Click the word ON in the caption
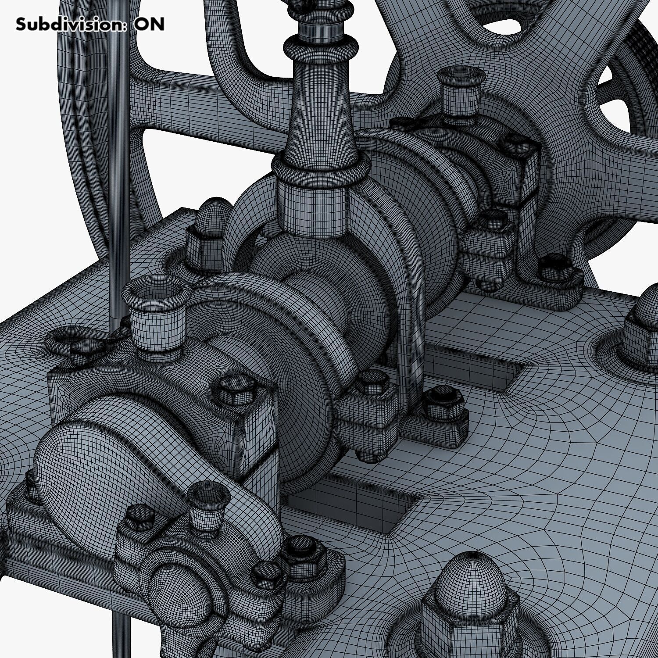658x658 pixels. click(x=149, y=24)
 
